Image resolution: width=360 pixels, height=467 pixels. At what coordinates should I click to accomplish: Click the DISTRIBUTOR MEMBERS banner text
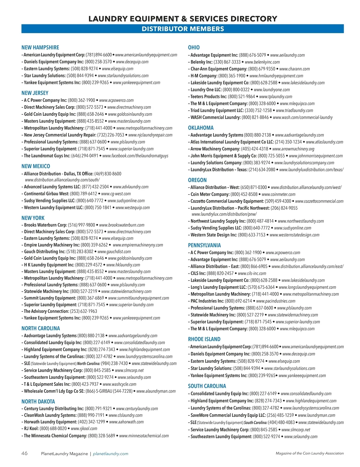point(183,29)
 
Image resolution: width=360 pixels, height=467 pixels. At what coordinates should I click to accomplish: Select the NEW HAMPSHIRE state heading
point(40,47)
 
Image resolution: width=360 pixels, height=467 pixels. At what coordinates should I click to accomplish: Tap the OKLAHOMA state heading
point(201,128)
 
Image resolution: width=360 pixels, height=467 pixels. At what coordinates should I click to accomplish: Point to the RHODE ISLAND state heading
point(204,339)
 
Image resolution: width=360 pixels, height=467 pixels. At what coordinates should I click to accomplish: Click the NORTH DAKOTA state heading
point(38,401)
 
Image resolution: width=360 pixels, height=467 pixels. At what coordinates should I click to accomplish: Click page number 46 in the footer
point(24,453)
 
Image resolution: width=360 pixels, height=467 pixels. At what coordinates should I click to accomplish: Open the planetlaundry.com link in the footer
point(110,454)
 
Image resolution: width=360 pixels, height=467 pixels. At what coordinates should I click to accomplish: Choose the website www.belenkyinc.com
point(262,62)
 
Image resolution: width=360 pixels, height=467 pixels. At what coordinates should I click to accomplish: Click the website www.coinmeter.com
point(279,194)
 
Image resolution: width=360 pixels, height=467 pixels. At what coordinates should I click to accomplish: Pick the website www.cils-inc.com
point(252,273)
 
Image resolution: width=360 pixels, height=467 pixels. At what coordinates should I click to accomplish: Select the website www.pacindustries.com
point(276,301)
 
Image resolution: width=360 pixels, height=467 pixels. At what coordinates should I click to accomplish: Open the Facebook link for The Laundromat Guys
point(135,156)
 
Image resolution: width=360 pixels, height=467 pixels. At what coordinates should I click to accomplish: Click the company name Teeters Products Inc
point(209,97)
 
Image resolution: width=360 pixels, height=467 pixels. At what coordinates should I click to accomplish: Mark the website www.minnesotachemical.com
point(144,436)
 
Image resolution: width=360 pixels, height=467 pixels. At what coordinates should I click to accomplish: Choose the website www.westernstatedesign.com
point(295,235)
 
